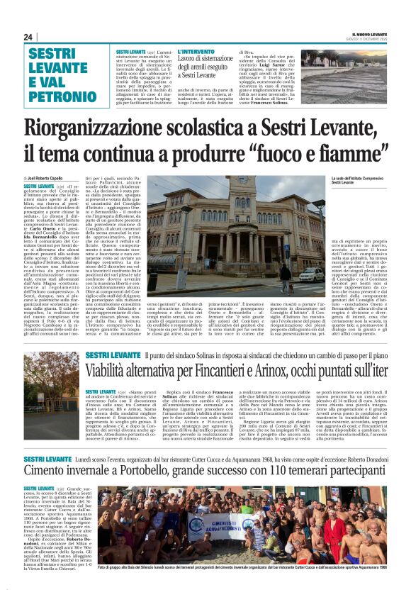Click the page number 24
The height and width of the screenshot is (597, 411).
(28, 37)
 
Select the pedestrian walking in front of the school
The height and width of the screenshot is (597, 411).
(253, 276)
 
